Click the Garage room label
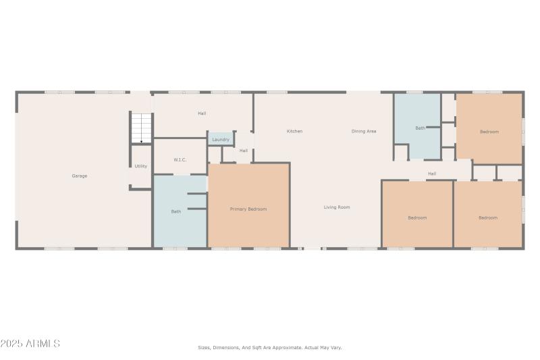point(80,176)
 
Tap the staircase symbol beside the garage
point(141,128)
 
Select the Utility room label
point(140,166)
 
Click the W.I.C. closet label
point(180,160)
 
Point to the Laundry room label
point(221,140)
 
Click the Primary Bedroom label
point(248,209)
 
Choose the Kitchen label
point(294,131)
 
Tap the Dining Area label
point(364,131)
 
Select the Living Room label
point(337,207)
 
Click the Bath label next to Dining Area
point(420,128)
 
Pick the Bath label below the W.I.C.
point(175,212)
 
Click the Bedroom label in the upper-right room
point(489,132)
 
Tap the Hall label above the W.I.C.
point(202,113)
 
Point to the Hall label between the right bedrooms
point(432,174)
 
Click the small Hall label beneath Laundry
point(244,151)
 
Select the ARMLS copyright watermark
point(30,344)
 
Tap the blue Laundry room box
point(221,139)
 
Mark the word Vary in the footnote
point(336,348)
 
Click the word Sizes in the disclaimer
point(204,348)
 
